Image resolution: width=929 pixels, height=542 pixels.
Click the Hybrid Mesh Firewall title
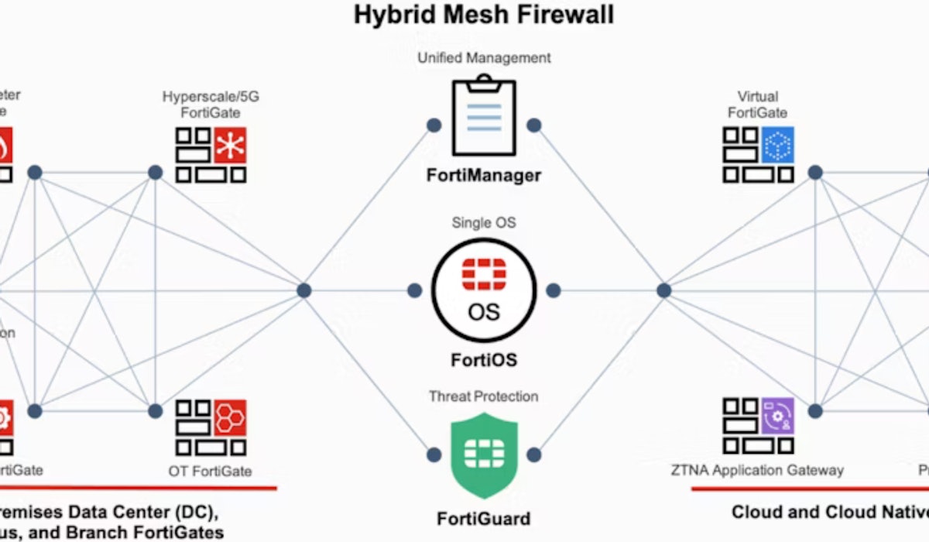click(x=483, y=15)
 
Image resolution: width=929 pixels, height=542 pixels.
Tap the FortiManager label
click(x=484, y=175)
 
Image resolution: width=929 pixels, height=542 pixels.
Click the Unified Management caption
click(x=484, y=57)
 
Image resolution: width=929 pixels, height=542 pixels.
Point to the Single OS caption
click(x=484, y=223)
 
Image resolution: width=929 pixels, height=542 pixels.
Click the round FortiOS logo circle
click(x=484, y=290)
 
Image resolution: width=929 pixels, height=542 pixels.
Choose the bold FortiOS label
click(x=484, y=359)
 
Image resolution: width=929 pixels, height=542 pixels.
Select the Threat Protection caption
click(x=484, y=396)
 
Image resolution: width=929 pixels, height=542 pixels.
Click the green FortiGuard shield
click(x=484, y=455)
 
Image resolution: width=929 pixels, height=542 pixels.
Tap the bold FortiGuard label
click(x=484, y=517)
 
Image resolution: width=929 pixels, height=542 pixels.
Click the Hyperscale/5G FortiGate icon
click(x=211, y=155)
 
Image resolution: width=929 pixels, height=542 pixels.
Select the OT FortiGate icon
click(x=211, y=427)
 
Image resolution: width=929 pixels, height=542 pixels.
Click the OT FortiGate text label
click(x=210, y=471)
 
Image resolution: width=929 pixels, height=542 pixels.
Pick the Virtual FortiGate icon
click(x=759, y=155)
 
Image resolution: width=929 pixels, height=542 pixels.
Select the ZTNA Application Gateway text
click(x=757, y=470)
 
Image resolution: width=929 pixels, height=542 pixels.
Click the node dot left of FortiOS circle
click(x=415, y=290)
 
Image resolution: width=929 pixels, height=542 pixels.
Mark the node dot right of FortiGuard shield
click(x=534, y=455)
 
